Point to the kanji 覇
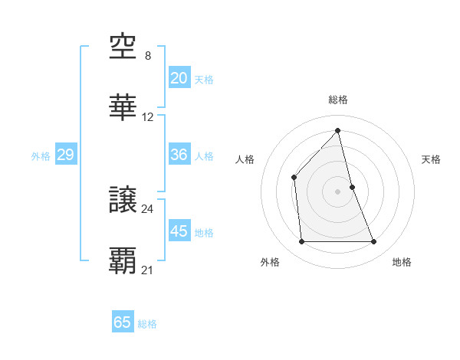point(123,261)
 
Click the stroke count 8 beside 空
point(148,56)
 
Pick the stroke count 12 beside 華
point(148,117)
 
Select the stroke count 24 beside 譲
point(148,208)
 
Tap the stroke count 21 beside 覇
point(148,270)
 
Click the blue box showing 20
point(179,78)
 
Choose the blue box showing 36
point(179,155)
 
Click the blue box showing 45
point(179,231)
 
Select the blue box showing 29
point(65,155)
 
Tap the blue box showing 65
point(123,322)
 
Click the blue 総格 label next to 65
point(147,324)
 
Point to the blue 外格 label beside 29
point(41,156)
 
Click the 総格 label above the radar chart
point(338,100)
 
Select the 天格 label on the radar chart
point(432,159)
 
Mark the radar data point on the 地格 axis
point(374,242)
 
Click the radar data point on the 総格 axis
point(338,130)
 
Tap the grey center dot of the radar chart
point(338,191)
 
